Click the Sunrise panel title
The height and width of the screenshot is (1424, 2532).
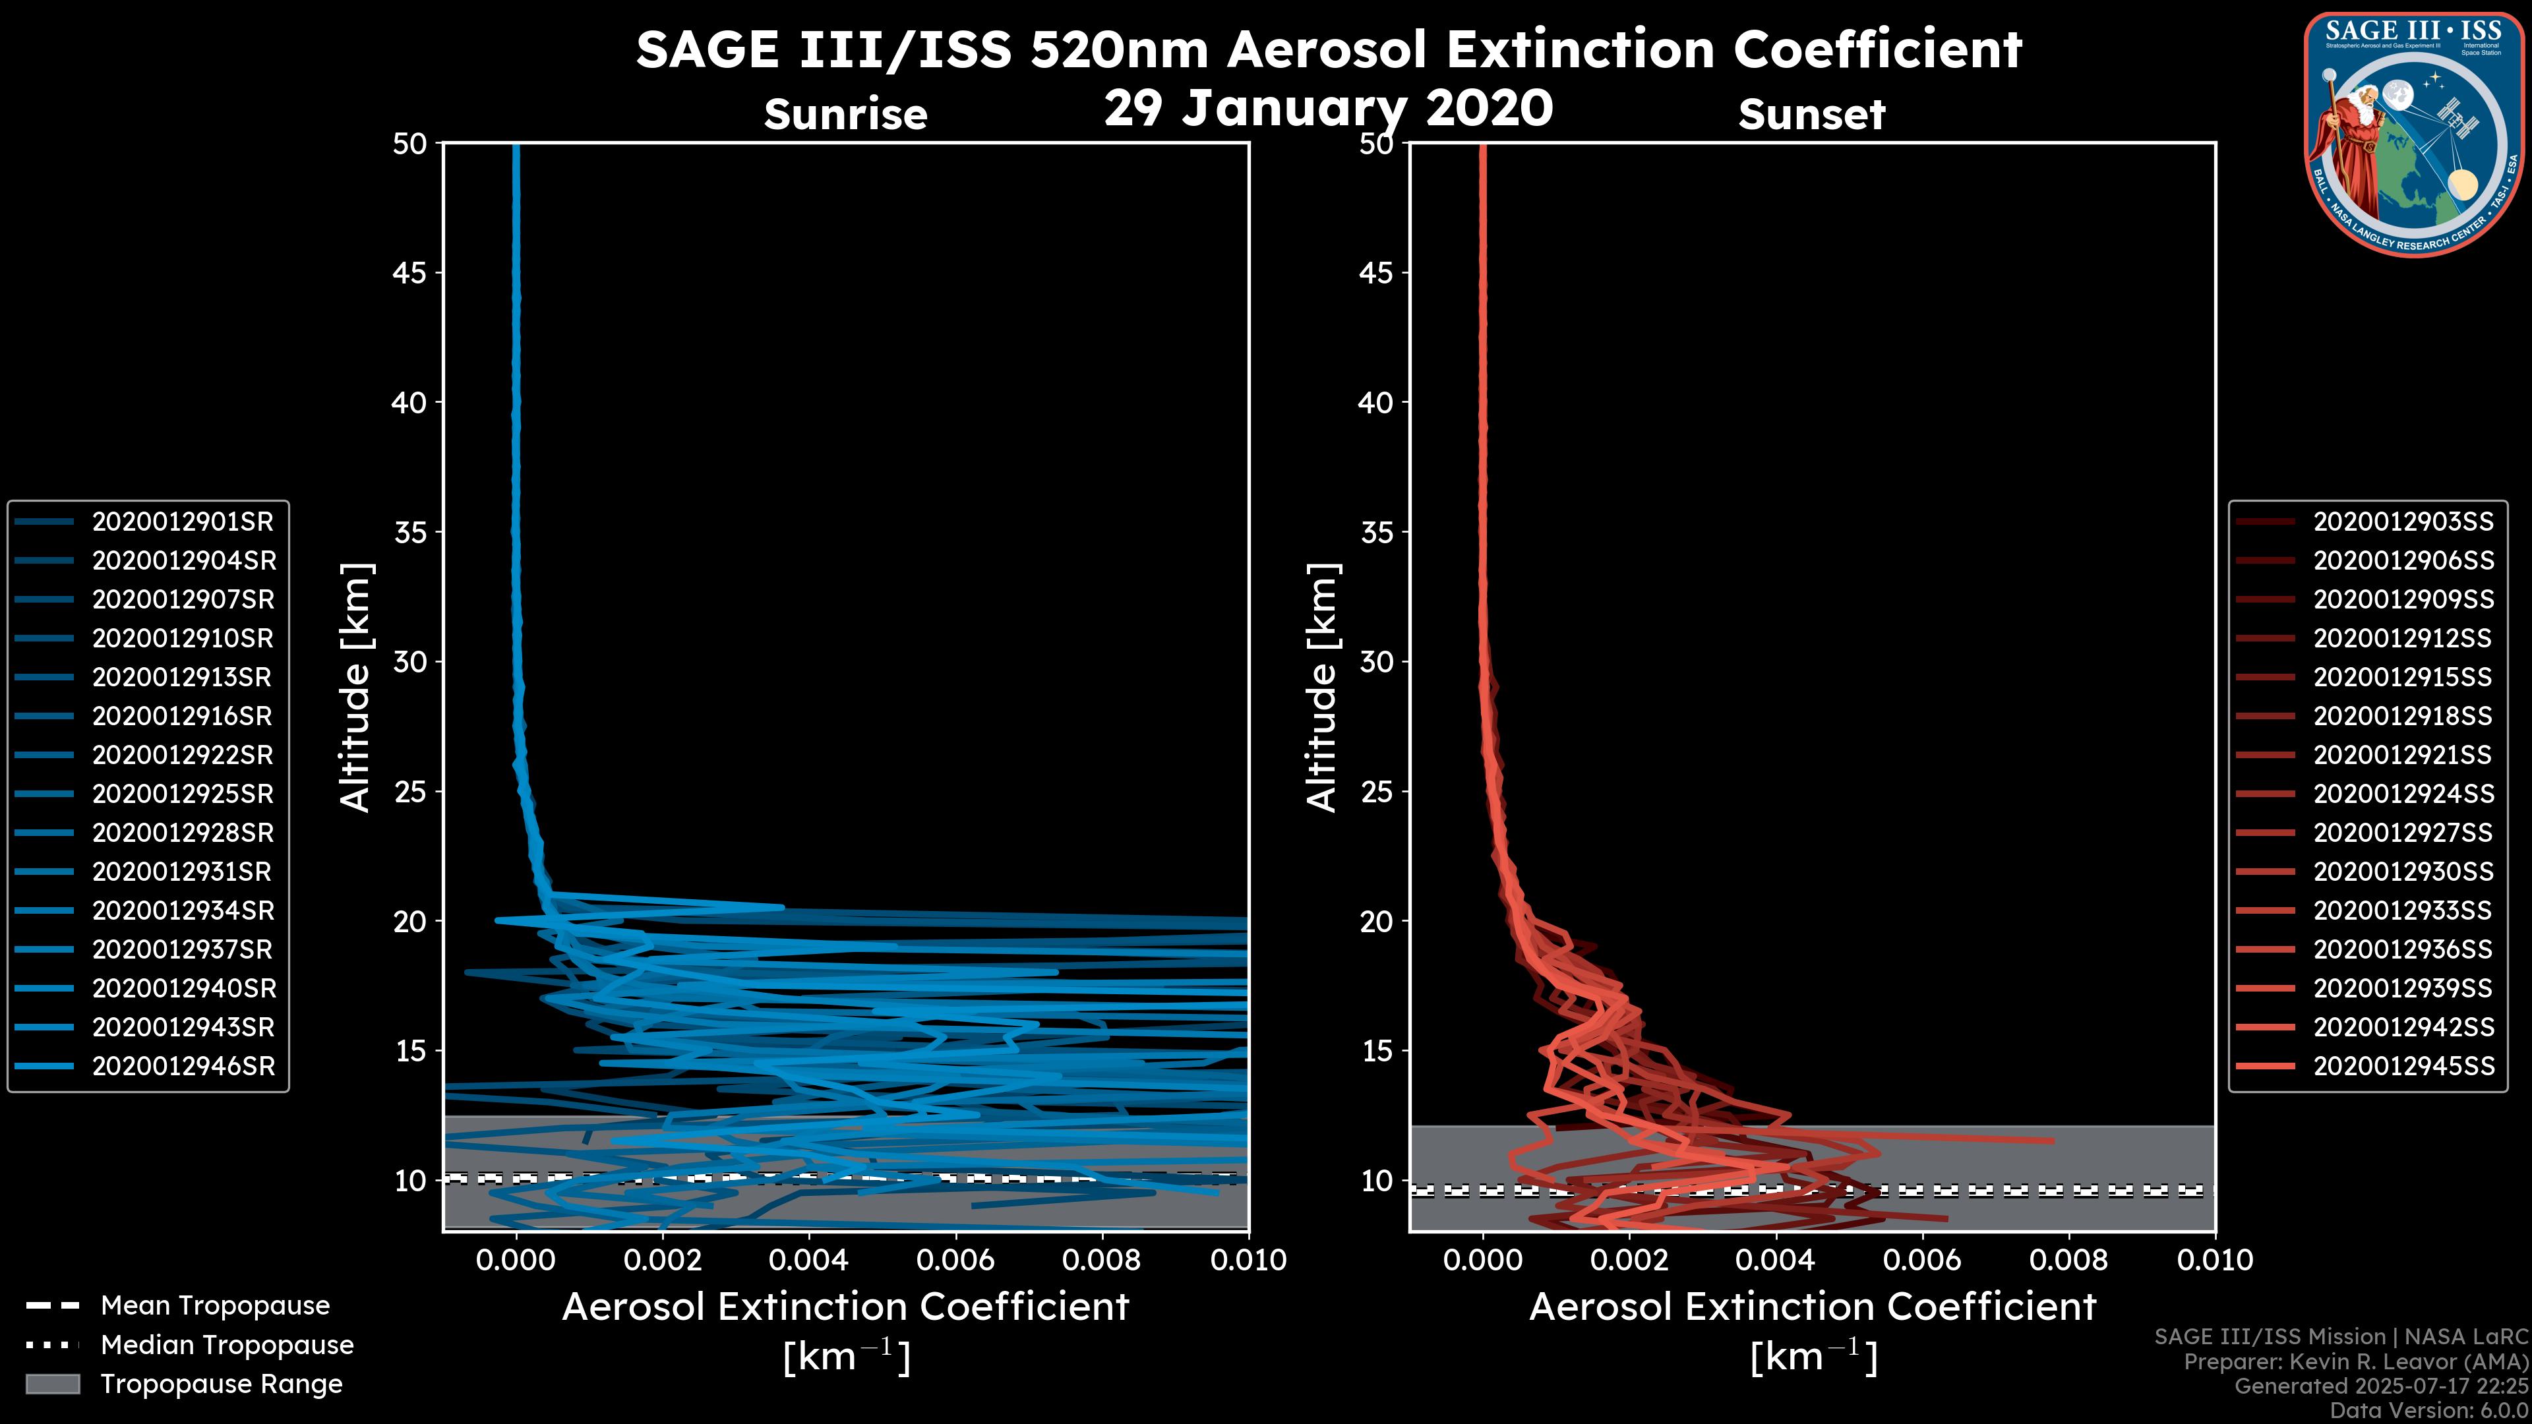(x=845, y=115)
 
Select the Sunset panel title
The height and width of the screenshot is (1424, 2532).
(x=1811, y=115)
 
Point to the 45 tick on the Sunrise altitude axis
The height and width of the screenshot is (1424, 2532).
(x=410, y=272)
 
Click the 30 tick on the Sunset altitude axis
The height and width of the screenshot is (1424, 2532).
(x=1377, y=661)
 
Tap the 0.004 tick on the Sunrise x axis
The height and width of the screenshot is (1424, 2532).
(x=809, y=1260)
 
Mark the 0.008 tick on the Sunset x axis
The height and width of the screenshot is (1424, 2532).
(x=2069, y=1260)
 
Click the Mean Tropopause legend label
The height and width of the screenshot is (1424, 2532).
(x=215, y=1305)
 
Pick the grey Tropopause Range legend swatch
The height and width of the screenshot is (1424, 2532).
(x=52, y=1384)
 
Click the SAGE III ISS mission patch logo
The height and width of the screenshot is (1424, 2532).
(x=2411, y=133)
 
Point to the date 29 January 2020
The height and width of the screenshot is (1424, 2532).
(x=1328, y=108)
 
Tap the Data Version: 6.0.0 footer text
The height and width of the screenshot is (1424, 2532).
(x=2428, y=1410)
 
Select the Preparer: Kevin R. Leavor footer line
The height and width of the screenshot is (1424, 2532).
(x=2355, y=1361)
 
